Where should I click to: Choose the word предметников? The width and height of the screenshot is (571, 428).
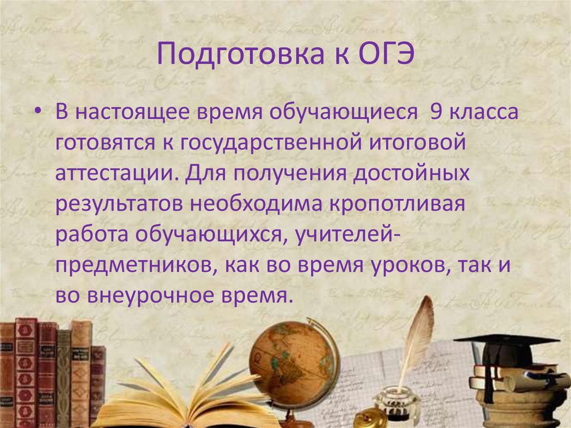pos(132,265)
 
